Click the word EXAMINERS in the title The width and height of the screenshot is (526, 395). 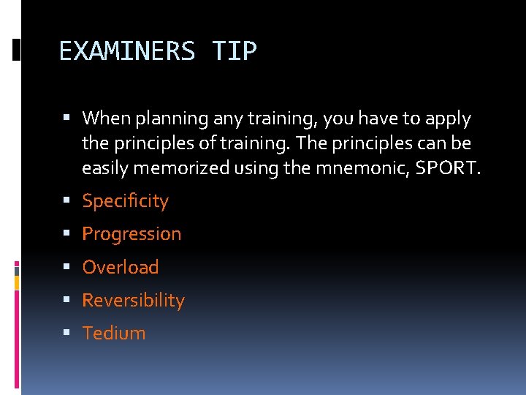pos(126,51)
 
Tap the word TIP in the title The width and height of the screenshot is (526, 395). pos(235,51)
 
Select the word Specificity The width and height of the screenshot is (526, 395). pos(125,201)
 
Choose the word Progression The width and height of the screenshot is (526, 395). pos(131,234)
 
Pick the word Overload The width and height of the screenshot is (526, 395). pos(121,267)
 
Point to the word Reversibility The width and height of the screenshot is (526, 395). pos(134,301)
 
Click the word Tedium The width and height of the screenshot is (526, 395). pos(114,334)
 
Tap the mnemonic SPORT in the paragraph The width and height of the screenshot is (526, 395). pos(449,169)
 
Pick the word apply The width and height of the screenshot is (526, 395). pos(446,118)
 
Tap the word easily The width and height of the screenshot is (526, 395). pos(104,169)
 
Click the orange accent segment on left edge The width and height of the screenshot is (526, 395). pos(17,282)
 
